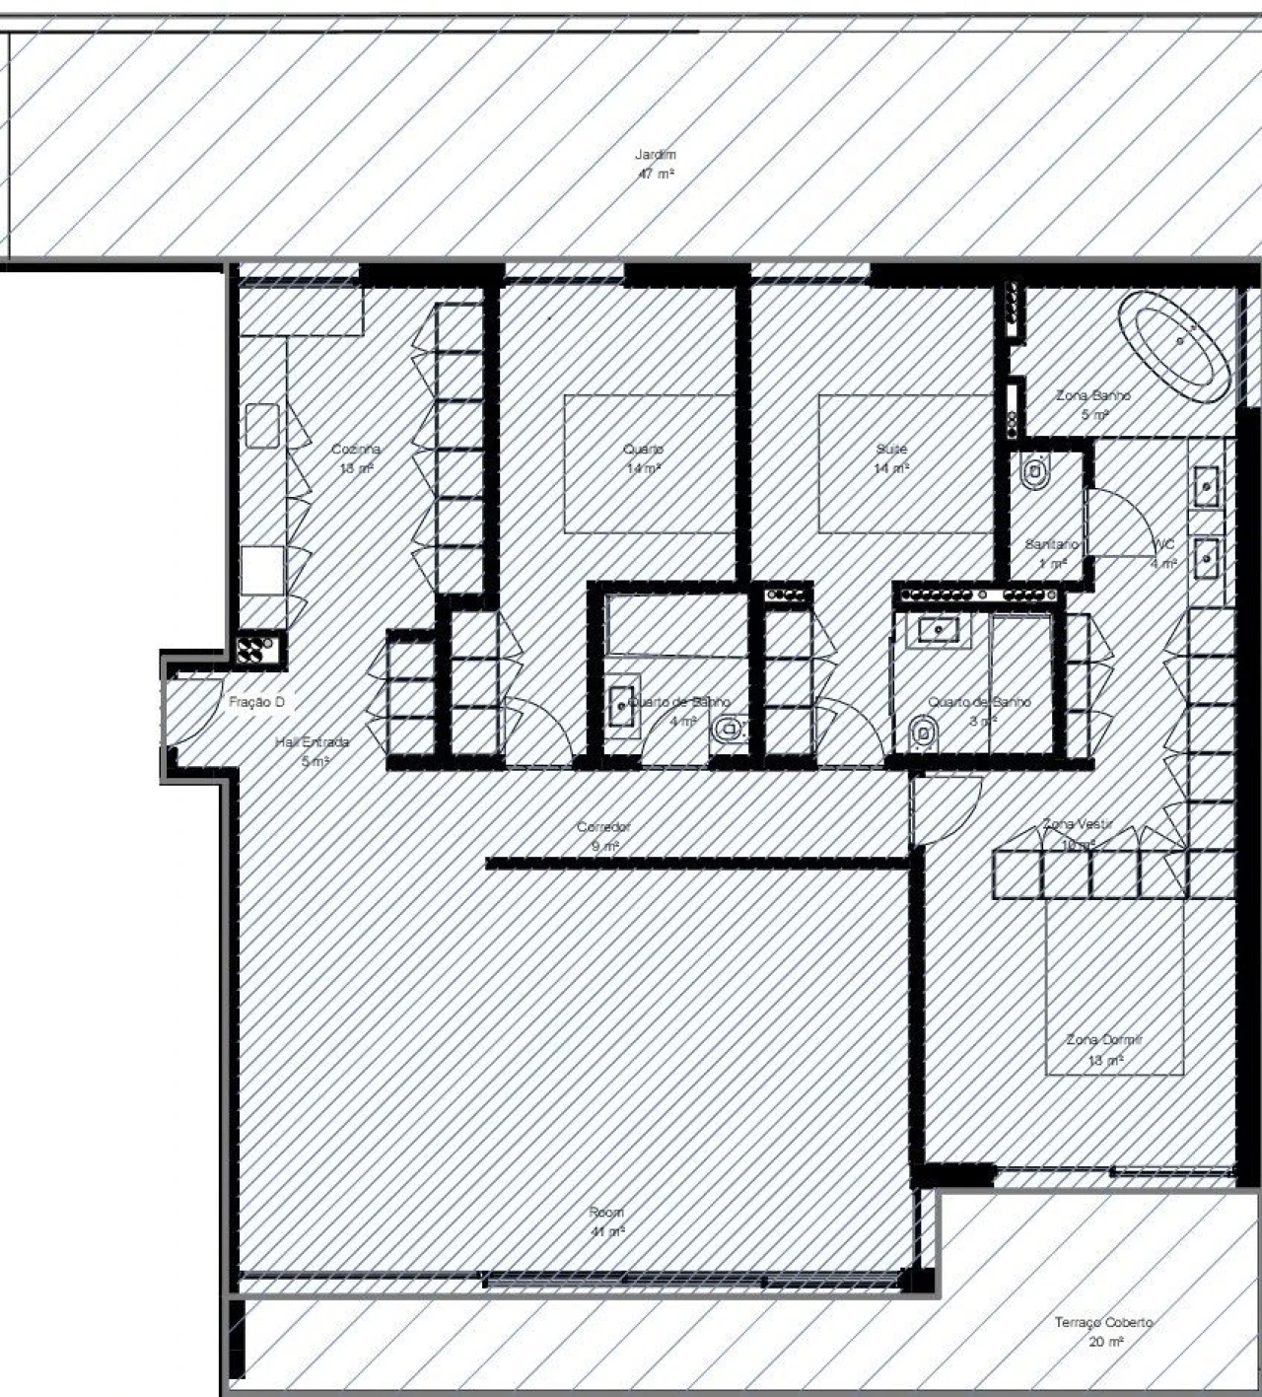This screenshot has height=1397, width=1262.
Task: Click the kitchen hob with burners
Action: point(259,649)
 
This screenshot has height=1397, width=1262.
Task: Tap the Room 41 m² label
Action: point(606,1222)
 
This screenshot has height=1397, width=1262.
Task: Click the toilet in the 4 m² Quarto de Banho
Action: point(728,731)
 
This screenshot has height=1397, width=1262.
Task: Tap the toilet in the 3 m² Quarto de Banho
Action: point(923,733)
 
